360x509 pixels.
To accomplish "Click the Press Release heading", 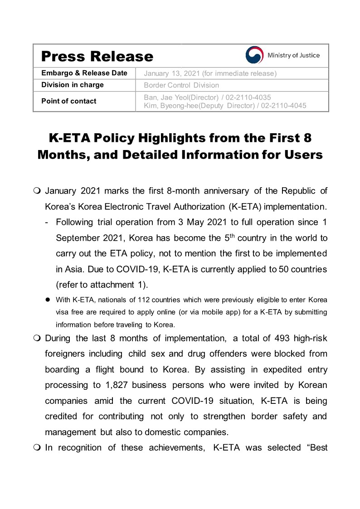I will pos(97,56).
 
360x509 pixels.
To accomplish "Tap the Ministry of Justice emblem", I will pos(254,55).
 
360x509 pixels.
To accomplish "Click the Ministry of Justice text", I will pos(293,55).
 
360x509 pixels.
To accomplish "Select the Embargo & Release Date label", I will pos(84,73).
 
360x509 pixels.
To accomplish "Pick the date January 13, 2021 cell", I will pos(210,73).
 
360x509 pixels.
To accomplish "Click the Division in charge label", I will pos(73,85).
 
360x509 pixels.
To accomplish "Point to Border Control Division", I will pos(181,85).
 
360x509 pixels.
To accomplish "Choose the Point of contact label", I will pos(69,101).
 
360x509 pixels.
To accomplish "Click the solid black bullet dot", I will pos(47,300).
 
